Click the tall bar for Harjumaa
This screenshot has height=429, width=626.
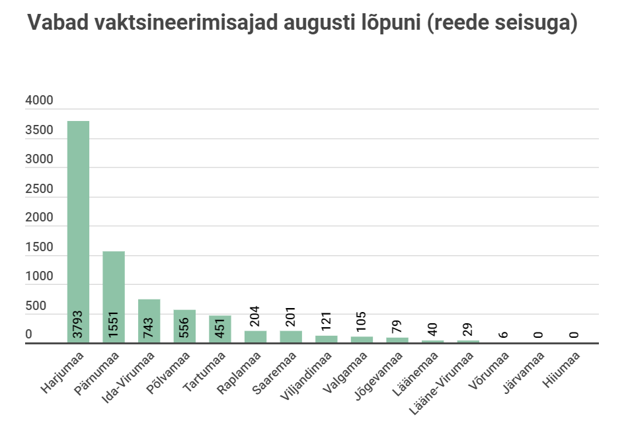(x=79, y=231)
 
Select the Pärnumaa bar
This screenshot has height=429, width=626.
(x=114, y=297)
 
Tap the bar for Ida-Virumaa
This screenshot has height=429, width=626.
(x=149, y=321)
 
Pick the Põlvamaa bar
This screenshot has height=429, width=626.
(x=184, y=326)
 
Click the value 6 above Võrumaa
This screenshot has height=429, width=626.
(x=504, y=335)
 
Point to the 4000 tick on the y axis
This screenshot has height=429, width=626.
(x=39, y=101)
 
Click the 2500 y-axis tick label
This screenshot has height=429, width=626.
(x=39, y=189)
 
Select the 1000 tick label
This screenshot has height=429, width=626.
(x=39, y=277)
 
